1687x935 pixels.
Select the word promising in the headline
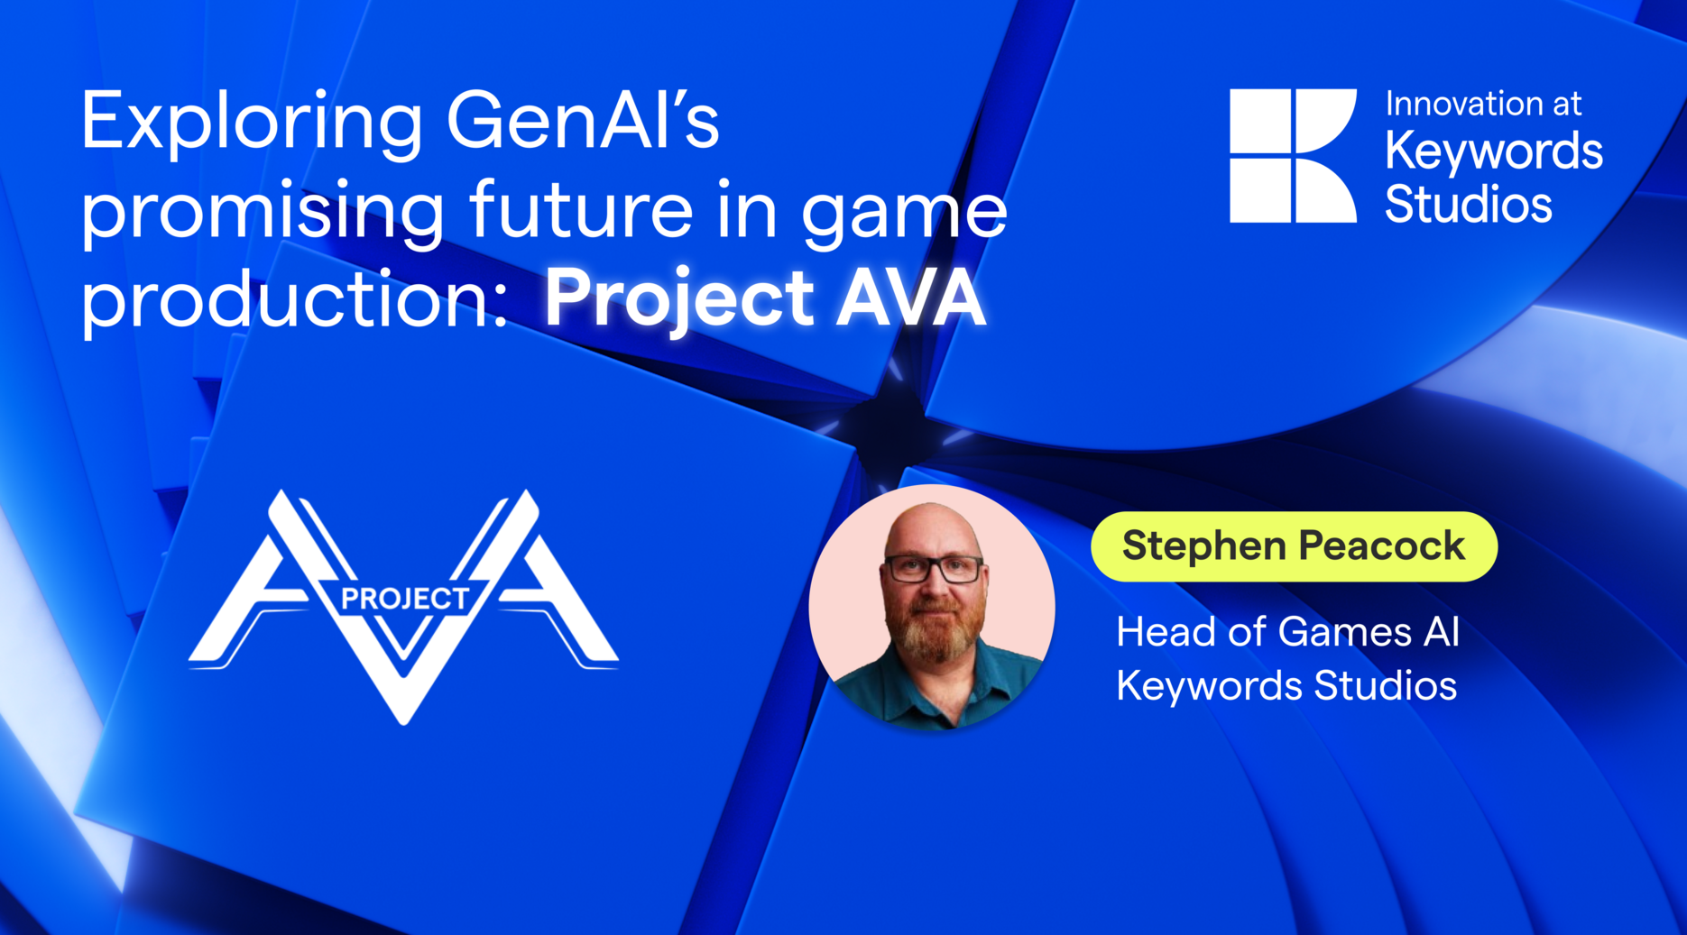[x=263, y=211]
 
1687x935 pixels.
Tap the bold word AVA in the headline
[x=910, y=298]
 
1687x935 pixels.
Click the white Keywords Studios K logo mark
[x=1292, y=155]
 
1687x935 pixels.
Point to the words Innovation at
[x=1483, y=104]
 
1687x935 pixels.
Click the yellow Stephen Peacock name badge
[x=1294, y=546]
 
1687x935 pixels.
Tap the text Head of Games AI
[x=1287, y=632]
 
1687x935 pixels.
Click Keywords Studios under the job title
[x=1286, y=686]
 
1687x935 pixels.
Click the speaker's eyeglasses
[x=934, y=569]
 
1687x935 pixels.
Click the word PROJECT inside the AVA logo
[x=404, y=599]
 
